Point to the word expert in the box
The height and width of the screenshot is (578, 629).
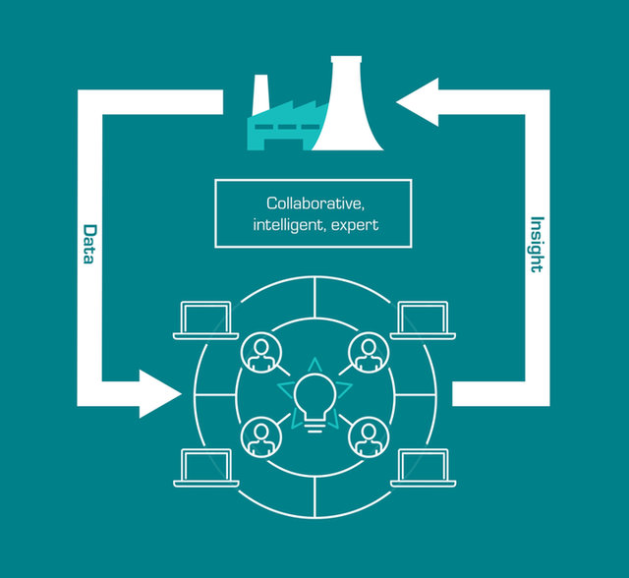355,225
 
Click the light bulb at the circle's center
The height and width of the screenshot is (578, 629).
314,396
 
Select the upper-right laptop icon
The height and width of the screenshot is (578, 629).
424,321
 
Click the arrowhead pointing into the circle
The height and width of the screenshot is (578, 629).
158,393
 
